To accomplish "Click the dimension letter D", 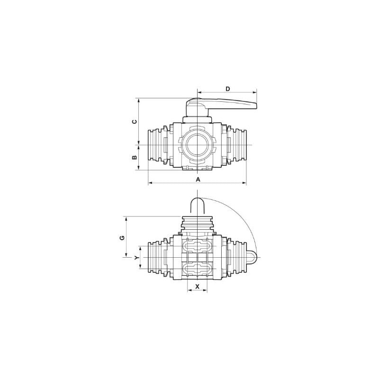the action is tap(228, 89).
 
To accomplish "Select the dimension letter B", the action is tap(135, 157).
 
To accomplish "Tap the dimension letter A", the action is tap(198, 180).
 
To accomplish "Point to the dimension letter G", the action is tap(122, 238).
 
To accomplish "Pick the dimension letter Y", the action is tap(136, 258).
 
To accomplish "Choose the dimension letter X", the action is tap(197, 287).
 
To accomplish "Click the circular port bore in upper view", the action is tap(198, 145).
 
